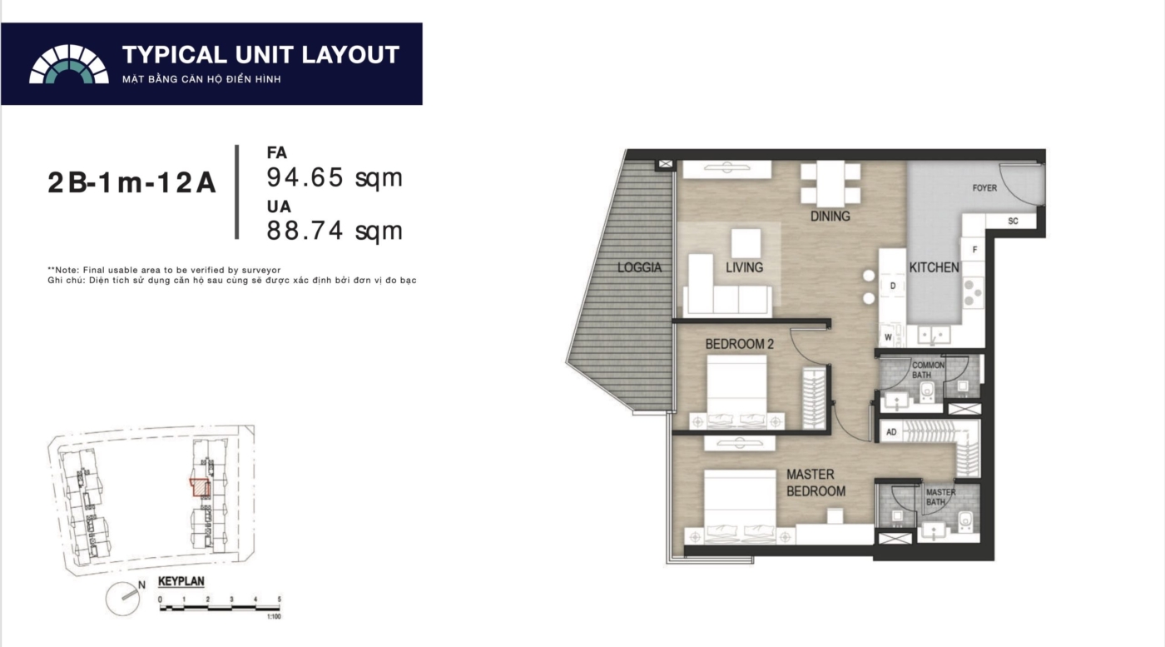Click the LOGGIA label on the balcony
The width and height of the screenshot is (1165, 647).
[x=639, y=267]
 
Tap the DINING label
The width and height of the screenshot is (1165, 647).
[x=830, y=216]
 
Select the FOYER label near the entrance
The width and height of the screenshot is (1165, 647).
[x=984, y=188]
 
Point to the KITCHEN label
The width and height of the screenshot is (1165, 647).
[x=934, y=267]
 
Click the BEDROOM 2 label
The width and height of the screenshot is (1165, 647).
[x=739, y=344]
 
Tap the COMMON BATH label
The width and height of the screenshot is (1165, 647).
[x=927, y=370]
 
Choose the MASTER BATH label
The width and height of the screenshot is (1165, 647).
[x=940, y=497]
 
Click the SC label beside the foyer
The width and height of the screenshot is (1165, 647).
[x=1014, y=221]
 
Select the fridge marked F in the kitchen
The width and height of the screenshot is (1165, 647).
[x=974, y=250]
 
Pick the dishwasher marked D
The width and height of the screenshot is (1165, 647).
[x=893, y=286]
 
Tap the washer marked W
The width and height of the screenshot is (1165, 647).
[x=889, y=336]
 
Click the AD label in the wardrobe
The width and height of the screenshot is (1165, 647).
[x=891, y=432]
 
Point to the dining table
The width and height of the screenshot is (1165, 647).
[x=830, y=184]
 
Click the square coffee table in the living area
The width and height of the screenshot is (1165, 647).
[x=746, y=244]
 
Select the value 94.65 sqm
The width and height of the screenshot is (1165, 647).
[x=335, y=177]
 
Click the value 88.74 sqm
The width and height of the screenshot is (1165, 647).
[x=335, y=231]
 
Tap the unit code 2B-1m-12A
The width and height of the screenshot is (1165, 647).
[x=131, y=182]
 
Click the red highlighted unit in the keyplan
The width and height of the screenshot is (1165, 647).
[x=201, y=488]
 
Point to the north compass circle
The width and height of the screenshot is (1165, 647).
[x=123, y=599]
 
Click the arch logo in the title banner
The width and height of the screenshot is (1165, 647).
[x=68, y=64]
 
